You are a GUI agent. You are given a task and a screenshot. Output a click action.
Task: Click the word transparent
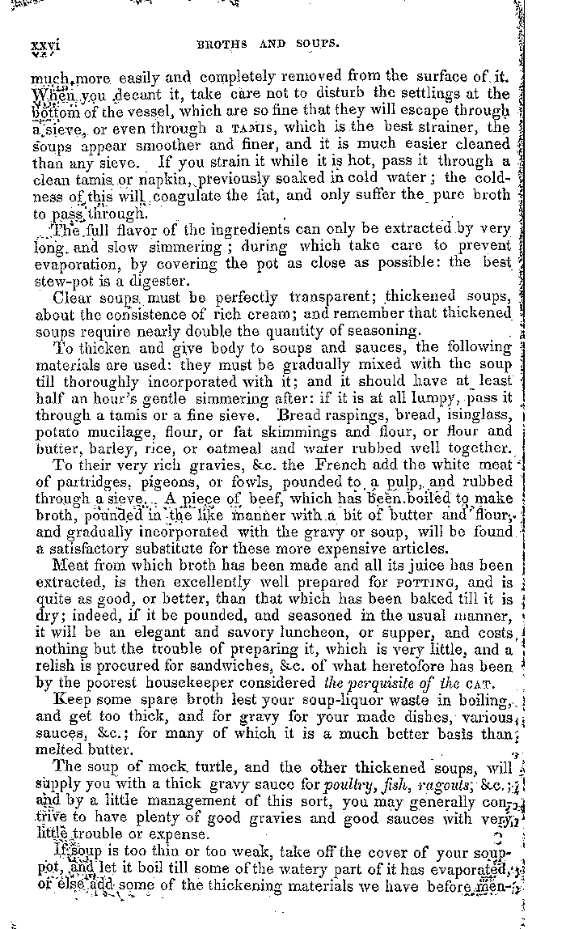pyautogui.click(x=298, y=297)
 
